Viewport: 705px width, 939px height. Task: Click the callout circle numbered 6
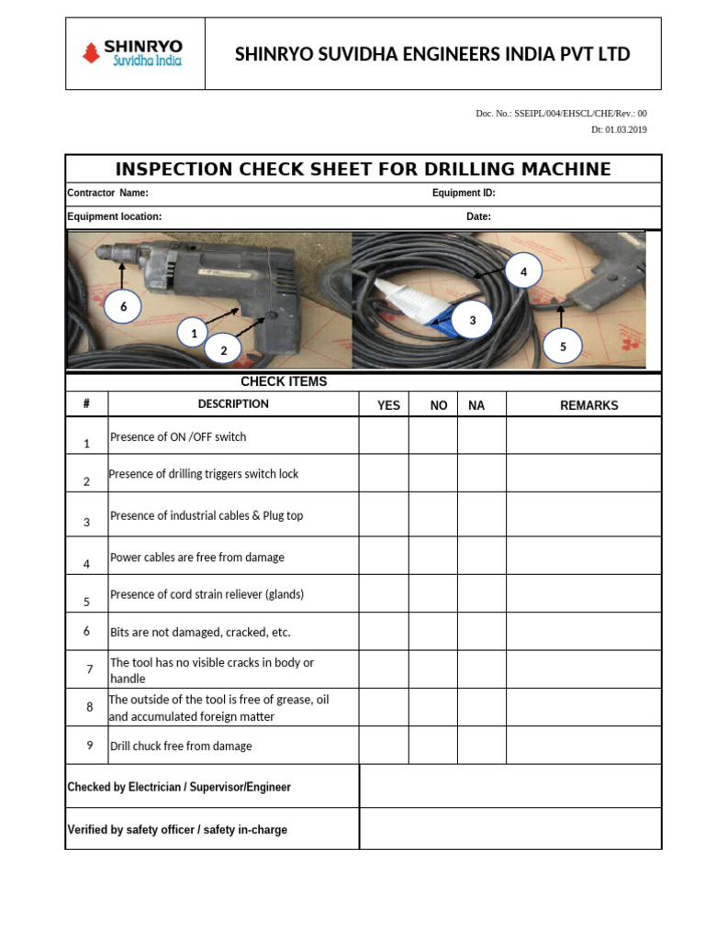pos(122,307)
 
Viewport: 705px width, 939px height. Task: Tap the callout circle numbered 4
pos(523,272)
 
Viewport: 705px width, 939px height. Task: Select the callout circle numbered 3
pos(472,320)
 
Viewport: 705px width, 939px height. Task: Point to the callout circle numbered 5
pos(563,347)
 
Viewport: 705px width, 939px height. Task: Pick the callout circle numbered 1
pos(193,334)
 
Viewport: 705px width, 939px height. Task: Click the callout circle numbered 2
pos(222,350)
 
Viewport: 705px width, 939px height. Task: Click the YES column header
pos(388,404)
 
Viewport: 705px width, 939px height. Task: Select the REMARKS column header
pos(588,404)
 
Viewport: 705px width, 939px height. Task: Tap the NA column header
pos(476,404)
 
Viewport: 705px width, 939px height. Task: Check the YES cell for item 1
pos(384,436)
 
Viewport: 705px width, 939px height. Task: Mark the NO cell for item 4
pos(433,556)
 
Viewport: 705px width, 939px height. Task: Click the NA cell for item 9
pos(482,746)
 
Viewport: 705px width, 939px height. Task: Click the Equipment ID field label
pos(464,193)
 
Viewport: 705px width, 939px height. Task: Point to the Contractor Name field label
pos(107,193)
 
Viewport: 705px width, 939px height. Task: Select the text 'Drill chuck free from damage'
pos(181,746)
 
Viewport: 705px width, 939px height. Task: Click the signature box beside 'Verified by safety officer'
pos(509,829)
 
